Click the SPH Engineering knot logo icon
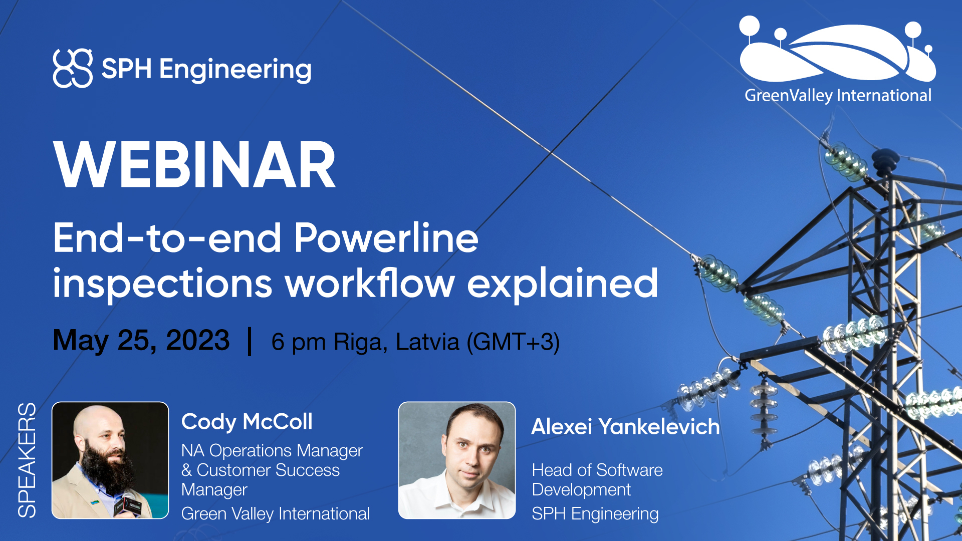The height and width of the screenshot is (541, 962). tap(73, 68)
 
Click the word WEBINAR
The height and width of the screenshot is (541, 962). tap(194, 164)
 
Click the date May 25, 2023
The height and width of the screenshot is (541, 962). tap(141, 341)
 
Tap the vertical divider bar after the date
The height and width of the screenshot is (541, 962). tap(250, 341)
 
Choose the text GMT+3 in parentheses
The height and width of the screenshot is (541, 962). tap(513, 342)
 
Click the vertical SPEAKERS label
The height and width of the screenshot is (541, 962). tap(27, 460)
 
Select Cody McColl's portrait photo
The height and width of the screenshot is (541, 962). tap(110, 460)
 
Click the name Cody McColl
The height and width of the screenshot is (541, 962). tap(247, 422)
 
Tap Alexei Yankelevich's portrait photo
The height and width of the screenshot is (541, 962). tap(457, 460)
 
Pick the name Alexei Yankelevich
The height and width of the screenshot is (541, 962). tap(625, 427)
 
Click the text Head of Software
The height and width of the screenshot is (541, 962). tap(597, 470)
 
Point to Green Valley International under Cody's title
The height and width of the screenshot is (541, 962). tap(276, 514)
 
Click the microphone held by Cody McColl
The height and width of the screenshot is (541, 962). tap(127, 503)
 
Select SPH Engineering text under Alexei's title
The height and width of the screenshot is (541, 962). tap(595, 514)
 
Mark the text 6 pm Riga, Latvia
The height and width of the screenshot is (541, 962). tap(365, 342)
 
